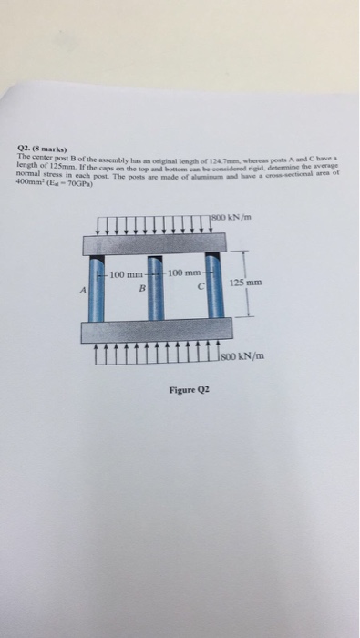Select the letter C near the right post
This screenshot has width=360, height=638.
[199, 291]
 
